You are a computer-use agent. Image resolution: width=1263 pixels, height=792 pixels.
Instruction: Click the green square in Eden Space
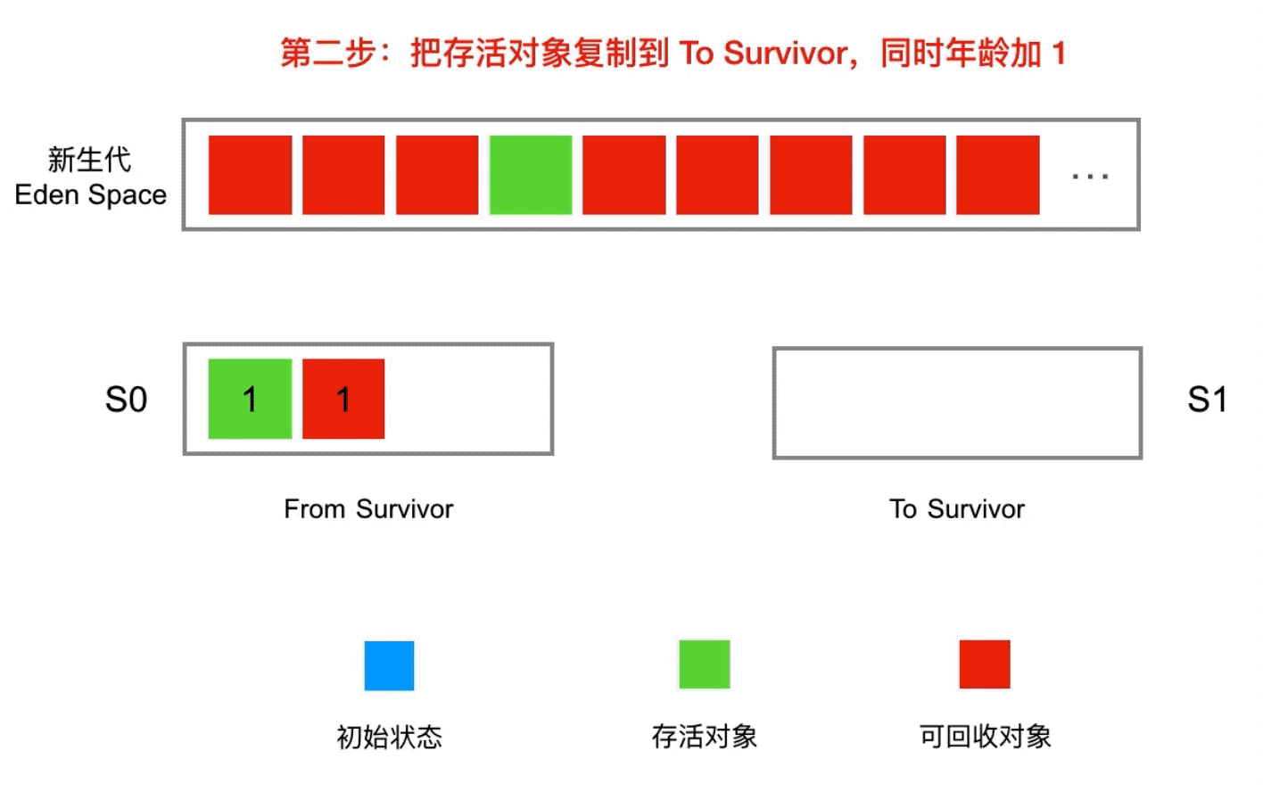[x=531, y=175]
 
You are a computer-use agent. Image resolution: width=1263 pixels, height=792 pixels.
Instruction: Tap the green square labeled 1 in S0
[x=250, y=399]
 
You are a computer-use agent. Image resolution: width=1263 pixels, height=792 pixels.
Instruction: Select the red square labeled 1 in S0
[x=343, y=399]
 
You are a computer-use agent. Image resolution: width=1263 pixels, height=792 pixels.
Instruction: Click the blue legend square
[x=389, y=665]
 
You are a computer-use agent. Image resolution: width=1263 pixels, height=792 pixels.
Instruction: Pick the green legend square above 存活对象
[x=704, y=664]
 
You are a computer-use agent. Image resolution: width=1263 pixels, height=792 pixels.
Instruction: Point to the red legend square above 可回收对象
[x=985, y=664]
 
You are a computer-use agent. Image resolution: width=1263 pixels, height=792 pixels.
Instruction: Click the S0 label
[x=126, y=400]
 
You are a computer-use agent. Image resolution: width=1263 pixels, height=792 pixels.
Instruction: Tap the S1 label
[x=1207, y=400]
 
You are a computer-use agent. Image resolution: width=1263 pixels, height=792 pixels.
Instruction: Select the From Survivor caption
[x=368, y=509]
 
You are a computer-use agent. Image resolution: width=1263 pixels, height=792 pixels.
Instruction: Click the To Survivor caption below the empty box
[x=957, y=509]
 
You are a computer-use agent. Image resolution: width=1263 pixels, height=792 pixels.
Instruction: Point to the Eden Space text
[x=91, y=195]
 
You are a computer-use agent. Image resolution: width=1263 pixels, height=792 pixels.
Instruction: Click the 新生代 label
[x=89, y=160]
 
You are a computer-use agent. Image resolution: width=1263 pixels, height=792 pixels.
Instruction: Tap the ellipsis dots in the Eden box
[x=1090, y=177]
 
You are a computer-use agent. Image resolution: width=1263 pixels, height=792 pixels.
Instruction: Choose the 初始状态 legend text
[x=389, y=737]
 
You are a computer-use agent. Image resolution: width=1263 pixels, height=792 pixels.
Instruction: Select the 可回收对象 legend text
[x=986, y=737]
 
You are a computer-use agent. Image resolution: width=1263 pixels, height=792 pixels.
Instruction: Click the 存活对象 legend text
[x=705, y=737]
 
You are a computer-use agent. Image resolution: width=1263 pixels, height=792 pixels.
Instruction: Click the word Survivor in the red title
[x=784, y=54]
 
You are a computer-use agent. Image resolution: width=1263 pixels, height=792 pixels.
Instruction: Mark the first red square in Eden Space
[x=250, y=175]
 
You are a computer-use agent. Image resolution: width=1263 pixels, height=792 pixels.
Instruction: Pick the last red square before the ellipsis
[x=997, y=175]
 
